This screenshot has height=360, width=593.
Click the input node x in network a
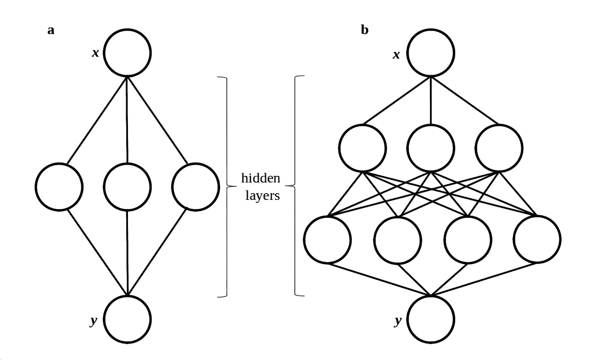point(127,53)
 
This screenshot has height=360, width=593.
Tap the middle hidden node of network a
point(127,187)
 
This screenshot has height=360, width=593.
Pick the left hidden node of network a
point(60,187)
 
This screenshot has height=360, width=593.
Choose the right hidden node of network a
point(194,187)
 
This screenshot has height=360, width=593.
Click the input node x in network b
point(430,53)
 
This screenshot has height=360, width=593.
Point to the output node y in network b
point(430,319)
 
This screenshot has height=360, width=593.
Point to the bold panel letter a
point(51,30)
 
